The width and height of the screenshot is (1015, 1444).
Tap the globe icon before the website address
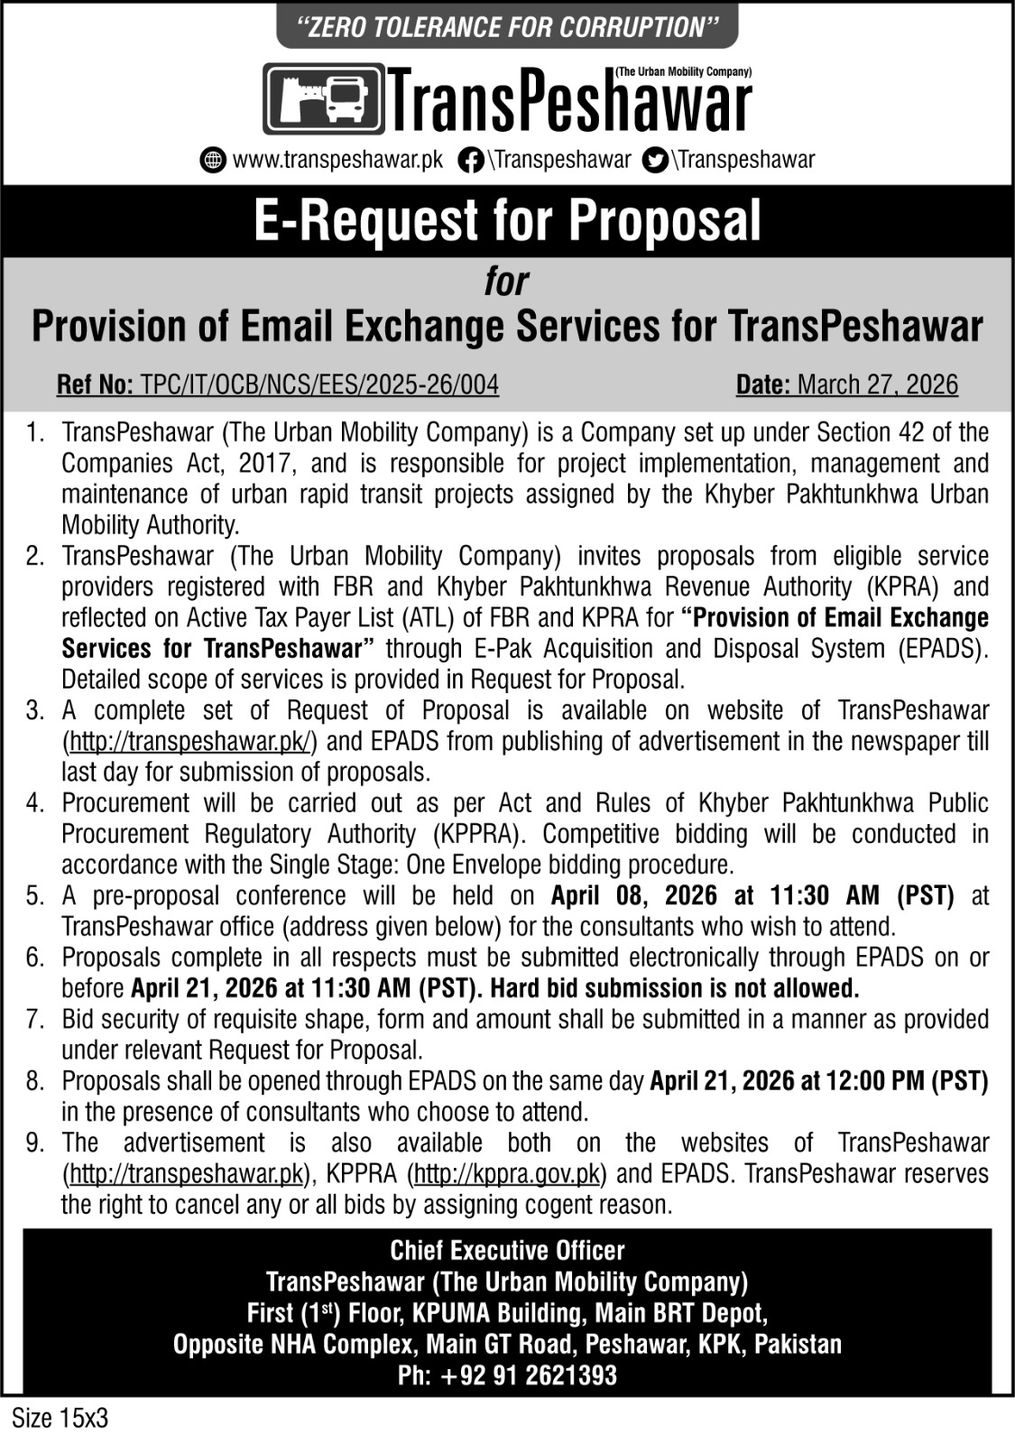tap(213, 161)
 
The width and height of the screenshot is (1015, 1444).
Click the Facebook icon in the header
tap(470, 161)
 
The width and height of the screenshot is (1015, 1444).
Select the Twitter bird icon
tap(655, 161)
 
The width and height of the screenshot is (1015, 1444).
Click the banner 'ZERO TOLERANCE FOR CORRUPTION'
tap(507, 26)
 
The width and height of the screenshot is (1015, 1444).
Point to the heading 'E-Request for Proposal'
tap(507, 221)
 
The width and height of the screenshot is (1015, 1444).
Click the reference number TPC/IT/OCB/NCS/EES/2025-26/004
tap(318, 385)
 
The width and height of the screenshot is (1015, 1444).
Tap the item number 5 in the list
tap(35, 896)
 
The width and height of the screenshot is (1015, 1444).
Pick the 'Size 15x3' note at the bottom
tap(60, 1418)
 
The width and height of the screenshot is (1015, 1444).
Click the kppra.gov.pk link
tap(506, 1174)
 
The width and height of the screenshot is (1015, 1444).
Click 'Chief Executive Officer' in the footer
tap(507, 1251)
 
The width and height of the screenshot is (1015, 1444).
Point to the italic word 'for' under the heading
tap(506, 282)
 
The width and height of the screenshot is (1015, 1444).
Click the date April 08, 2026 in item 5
tap(634, 896)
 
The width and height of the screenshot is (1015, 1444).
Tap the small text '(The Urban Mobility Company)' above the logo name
tap(683, 70)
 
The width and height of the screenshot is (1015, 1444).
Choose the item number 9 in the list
tap(35, 1143)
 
